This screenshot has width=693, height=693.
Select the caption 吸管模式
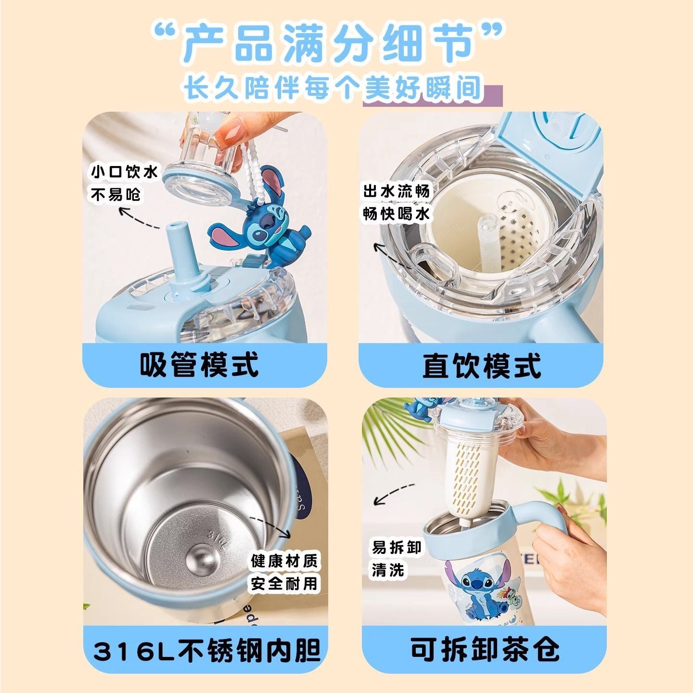(199, 364)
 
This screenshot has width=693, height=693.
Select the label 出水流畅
(396, 192)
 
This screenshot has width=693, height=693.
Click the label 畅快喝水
(396, 214)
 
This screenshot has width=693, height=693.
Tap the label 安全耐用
(284, 583)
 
